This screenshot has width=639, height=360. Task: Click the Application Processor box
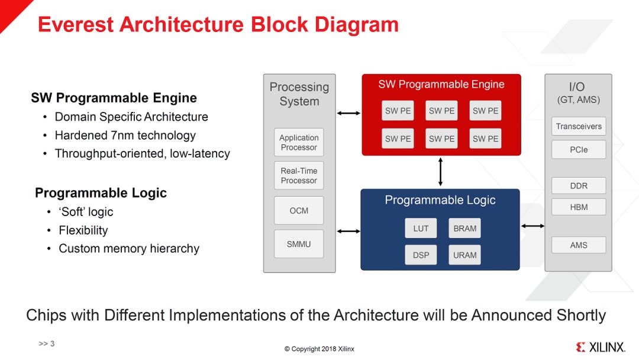pyautogui.click(x=299, y=143)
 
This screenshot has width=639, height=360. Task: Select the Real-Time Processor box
pyautogui.click(x=299, y=176)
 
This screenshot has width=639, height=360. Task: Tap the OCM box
pyautogui.click(x=299, y=211)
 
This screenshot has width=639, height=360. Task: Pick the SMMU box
pyautogui.click(x=299, y=244)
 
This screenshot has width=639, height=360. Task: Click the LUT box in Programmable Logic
pyautogui.click(x=421, y=229)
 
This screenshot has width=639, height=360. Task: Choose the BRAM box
pyautogui.click(x=464, y=229)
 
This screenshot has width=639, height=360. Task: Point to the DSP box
pyautogui.click(x=421, y=255)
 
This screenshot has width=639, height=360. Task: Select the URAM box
pyautogui.click(x=464, y=255)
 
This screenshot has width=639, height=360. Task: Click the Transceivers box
pyautogui.click(x=579, y=126)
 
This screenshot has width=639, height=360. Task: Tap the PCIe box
pyautogui.click(x=579, y=150)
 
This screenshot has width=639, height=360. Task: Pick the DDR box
pyautogui.click(x=579, y=186)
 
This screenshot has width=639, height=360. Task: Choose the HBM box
pyautogui.click(x=579, y=207)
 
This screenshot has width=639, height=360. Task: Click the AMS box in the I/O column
pyautogui.click(x=579, y=245)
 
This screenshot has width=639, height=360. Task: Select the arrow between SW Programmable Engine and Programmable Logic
pyautogui.click(x=440, y=172)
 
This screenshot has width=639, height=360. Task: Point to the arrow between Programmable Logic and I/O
pyautogui.click(x=532, y=226)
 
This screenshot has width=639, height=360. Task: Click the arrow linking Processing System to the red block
pyautogui.click(x=348, y=113)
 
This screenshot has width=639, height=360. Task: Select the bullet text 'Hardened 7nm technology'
pyautogui.click(x=125, y=135)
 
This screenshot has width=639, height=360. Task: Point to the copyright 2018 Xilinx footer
pyautogui.click(x=319, y=349)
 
